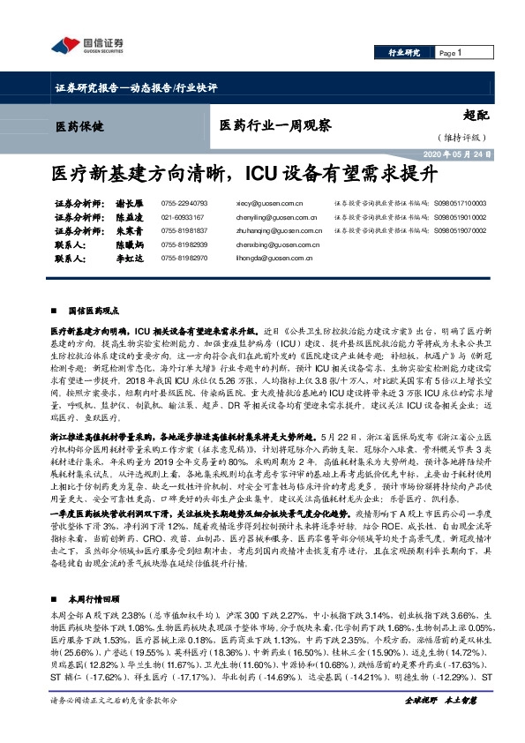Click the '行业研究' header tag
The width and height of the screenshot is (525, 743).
(405, 54)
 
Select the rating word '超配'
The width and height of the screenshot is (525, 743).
(476, 114)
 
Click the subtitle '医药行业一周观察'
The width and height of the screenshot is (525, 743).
(275, 125)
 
